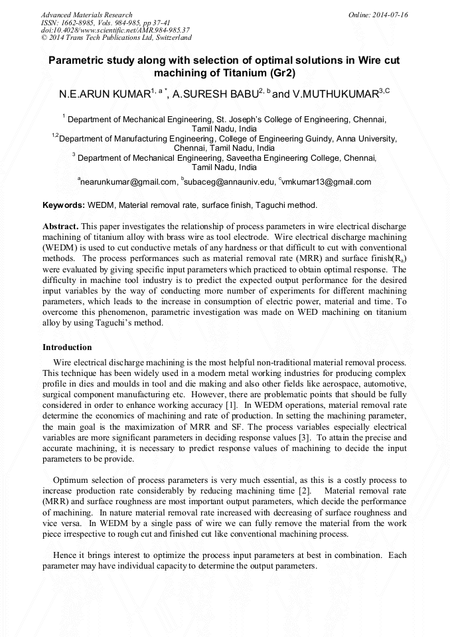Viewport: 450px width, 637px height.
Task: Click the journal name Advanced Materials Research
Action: [x=86, y=15]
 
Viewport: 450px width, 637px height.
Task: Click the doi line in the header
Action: [x=115, y=30]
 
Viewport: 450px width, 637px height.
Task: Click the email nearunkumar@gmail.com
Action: [x=129, y=181]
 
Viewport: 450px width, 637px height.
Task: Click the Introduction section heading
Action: [x=67, y=347]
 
